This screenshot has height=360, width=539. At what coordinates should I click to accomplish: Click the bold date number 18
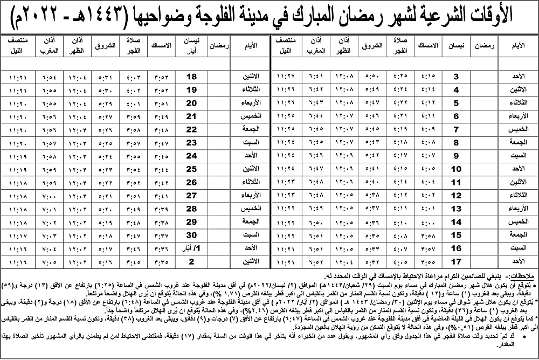191,77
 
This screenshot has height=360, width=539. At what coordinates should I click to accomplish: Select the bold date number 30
191,236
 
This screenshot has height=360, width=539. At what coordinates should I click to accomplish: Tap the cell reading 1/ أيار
191,248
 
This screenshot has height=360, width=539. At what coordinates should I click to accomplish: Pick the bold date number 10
455,169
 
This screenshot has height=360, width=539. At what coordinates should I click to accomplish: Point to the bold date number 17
455,262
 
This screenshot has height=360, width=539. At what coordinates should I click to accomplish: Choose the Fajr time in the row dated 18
133,77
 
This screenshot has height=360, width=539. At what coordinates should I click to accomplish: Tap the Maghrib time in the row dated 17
315,262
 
